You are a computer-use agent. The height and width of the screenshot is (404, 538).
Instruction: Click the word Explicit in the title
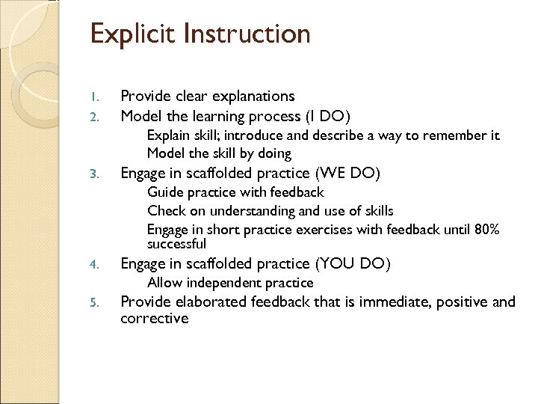click(132, 34)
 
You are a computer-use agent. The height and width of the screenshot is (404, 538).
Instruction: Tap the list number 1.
click(93, 97)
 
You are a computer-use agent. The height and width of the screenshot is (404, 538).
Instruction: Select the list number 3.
click(93, 174)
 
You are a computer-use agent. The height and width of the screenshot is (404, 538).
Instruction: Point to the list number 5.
click(93, 303)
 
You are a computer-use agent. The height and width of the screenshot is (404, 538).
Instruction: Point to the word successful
click(176, 244)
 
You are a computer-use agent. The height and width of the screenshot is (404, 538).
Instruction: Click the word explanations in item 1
click(250, 97)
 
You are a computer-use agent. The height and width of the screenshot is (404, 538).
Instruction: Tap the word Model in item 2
click(141, 116)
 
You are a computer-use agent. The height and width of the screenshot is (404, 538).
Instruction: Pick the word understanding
click(243, 211)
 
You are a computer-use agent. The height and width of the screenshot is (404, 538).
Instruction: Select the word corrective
click(155, 318)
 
